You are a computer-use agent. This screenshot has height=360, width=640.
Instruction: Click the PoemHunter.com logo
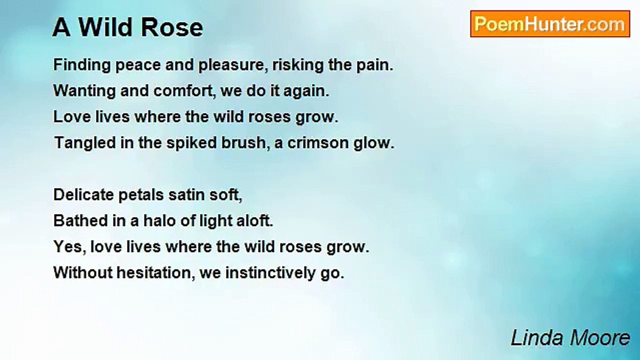[550, 24]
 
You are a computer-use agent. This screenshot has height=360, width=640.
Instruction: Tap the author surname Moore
[600, 338]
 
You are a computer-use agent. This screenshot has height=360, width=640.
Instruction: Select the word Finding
[82, 65]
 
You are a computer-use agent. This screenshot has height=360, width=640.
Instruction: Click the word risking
[297, 65]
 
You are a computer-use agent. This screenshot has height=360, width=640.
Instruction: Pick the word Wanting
[84, 91]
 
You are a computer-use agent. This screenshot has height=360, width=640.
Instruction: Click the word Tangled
[85, 143]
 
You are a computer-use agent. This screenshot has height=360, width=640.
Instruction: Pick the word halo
[159, 221]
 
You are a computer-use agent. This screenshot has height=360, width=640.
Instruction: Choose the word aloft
[255, 221]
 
